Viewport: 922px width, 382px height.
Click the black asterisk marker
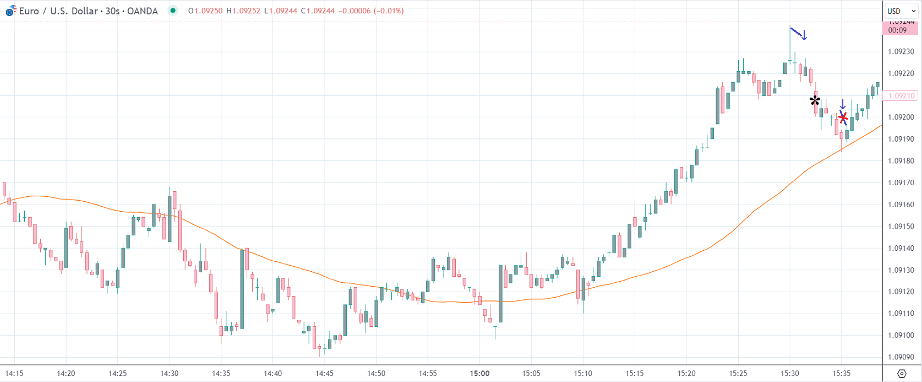[815, 101]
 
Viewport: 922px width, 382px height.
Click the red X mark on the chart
[843, 117]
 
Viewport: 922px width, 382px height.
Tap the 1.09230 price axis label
[902, 52]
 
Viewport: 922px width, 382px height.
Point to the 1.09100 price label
[902, 335]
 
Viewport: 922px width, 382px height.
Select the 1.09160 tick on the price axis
[902, 205]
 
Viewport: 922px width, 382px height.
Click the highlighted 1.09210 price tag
[902, 96]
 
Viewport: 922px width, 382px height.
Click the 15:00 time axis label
[479, 374]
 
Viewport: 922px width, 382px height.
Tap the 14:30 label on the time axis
[170, 374]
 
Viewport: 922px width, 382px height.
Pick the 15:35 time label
[841, 374]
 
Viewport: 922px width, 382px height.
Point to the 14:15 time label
[14, 374]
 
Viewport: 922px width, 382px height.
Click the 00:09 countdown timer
[897, 30]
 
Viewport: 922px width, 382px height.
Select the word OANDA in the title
[142, 11]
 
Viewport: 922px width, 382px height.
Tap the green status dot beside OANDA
[173, 10]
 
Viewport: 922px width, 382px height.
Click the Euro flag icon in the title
[10, 11]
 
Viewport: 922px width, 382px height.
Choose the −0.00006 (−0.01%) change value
[372, 11]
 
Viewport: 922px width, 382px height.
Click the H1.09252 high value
[243, 11]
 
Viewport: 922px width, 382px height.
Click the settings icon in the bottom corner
[902, 374]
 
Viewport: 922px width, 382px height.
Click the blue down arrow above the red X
[842, 104]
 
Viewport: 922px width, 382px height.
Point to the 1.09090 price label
[902, 357]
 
